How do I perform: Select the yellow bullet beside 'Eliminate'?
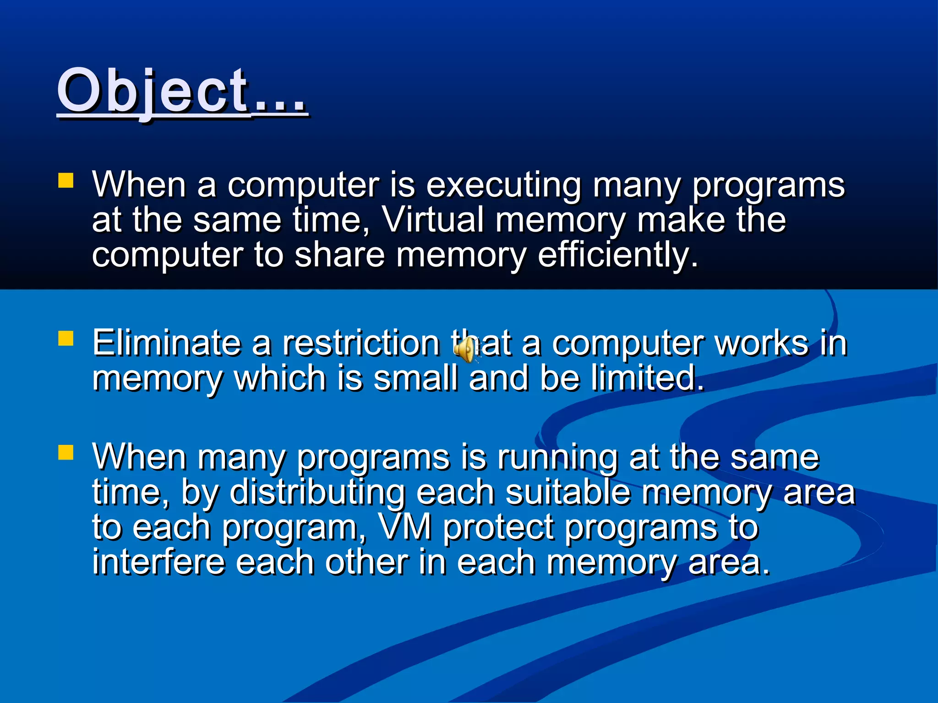66,339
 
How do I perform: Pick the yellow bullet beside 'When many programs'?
66,452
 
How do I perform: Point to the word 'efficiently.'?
618,254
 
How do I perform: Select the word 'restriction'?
361,343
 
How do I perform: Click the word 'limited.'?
647,378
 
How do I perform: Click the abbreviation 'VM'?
405,527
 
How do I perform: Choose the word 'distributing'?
317,492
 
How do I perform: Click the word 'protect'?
498,528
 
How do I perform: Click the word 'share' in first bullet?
339,254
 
